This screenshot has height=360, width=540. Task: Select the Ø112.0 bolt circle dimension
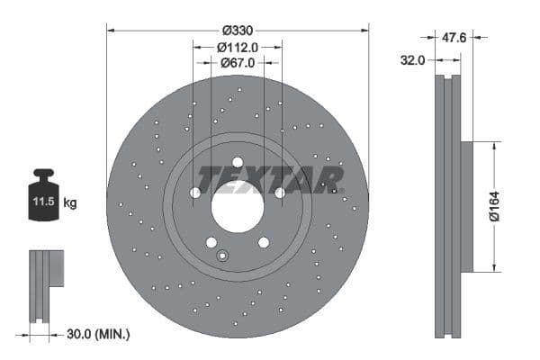(x=238, y=48)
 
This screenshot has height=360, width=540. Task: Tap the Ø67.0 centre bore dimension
(x=238, y=63)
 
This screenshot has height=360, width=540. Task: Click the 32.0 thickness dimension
(x=413, y=62)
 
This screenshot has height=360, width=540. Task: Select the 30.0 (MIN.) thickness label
(x=99, y=334)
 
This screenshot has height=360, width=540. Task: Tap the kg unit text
(x=70, y=203)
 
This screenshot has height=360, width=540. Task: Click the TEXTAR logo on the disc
(x=270, y=179)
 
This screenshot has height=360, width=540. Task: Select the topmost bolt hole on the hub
(x=238, y=163)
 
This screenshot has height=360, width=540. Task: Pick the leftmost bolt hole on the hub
(x=195, y=193)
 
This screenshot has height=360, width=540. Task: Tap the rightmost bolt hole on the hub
(x=280, y=193)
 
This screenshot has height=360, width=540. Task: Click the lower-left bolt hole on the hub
(x=211, y=242)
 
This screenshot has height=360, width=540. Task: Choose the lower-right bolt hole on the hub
(x=264, y=242)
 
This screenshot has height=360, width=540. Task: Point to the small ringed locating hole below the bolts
(x=221, y=256)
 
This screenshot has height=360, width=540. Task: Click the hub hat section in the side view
(x=466, y=206)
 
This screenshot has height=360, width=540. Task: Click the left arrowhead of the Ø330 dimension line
(x=111, y=29)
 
